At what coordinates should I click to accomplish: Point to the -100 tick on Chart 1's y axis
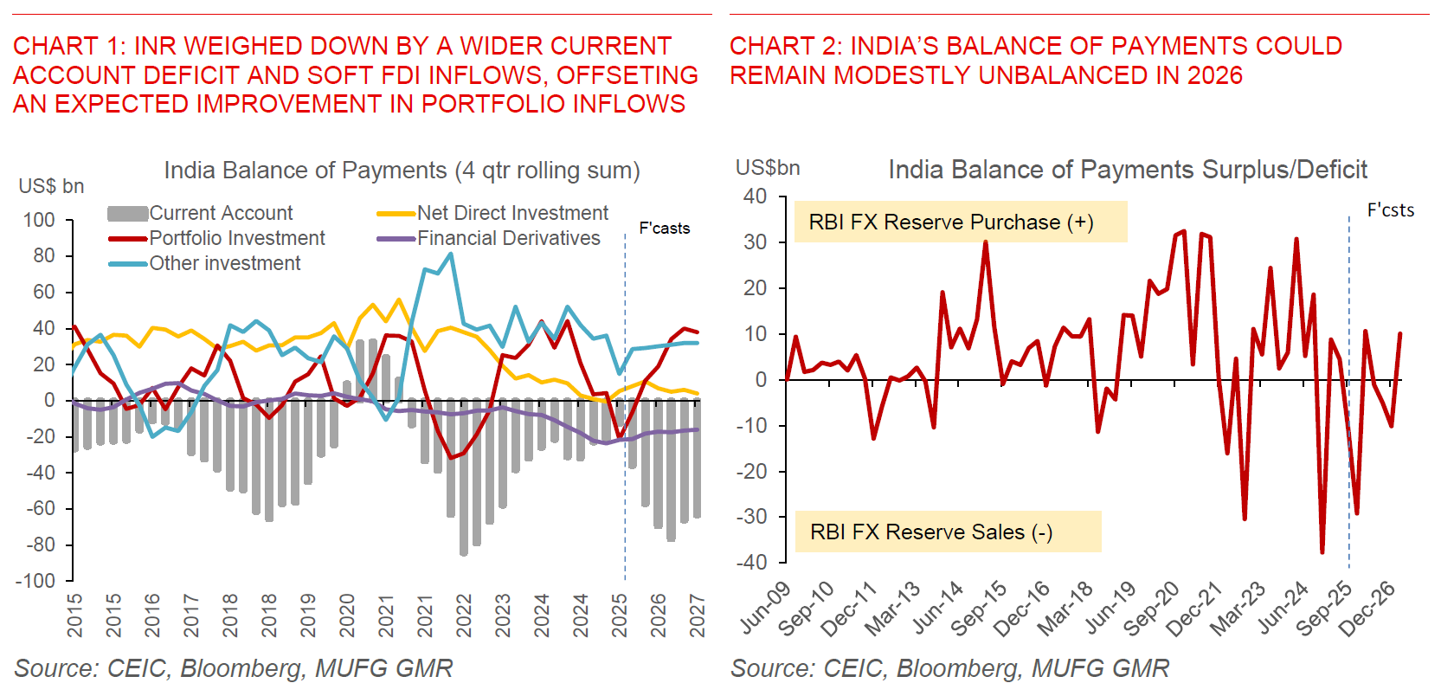click(x=35, y=581)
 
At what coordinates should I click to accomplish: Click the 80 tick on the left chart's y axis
click(x=43, y=256)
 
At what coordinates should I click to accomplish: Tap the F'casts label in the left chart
click(x=664, y=229)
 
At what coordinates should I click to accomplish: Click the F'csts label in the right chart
click(x=1390, y=210)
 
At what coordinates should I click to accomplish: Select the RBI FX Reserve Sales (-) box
click(x=948, y=532)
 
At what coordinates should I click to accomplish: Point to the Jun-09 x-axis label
click(x=767, y=606)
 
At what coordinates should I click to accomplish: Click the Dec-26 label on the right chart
click(x=1367, y=608)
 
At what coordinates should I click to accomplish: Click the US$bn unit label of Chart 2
click(x=767, y=168)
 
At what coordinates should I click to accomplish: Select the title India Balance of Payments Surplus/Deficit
click(x=1127, y=170)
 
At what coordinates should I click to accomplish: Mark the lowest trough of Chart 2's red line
click(x=1322, y=552)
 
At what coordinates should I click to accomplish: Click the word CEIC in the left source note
click(x=138, y=668)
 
